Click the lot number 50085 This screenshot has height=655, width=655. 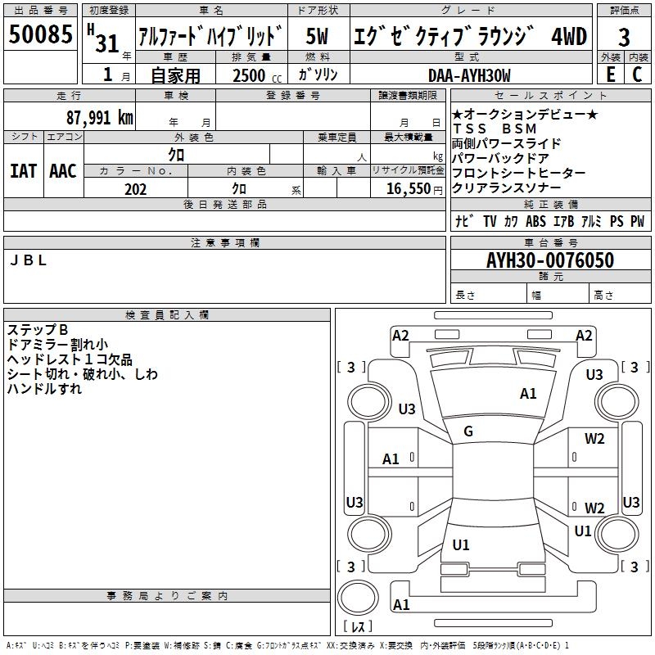point(41,34)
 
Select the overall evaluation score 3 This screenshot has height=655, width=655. point(624,37)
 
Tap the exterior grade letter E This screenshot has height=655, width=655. point(610,75)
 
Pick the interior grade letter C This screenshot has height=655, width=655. point(637,75)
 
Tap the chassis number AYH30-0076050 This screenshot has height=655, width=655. point(549,261)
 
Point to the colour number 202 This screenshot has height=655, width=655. point(135,189)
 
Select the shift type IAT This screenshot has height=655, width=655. point(23,171)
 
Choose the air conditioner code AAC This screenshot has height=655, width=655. point(63,171)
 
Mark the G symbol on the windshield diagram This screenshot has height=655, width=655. point(468,431)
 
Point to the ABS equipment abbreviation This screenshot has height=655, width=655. point(535,221)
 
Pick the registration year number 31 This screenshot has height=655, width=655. point(107,43)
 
